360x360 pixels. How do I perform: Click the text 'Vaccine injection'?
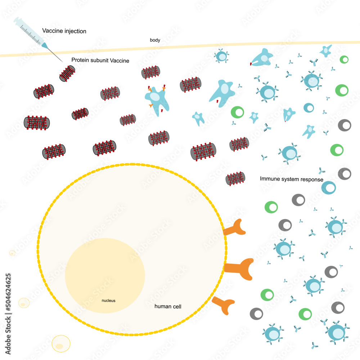click(64, 31)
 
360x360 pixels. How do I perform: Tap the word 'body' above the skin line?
click(155, 40)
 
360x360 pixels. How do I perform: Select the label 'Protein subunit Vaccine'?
click(100, 60)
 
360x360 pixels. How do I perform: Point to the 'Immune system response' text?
click(292, 179)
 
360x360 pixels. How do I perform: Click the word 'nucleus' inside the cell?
click(108, 300)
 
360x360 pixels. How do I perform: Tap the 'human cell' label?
click(168, 306)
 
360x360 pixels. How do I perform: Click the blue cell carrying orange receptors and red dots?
click(157, 99)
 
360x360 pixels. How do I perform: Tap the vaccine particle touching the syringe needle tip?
click(67, 73)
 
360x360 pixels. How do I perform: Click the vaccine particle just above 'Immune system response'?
click(235, 178)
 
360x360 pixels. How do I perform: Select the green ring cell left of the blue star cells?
click(237, 112)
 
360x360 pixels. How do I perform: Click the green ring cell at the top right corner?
click(344, 60)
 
